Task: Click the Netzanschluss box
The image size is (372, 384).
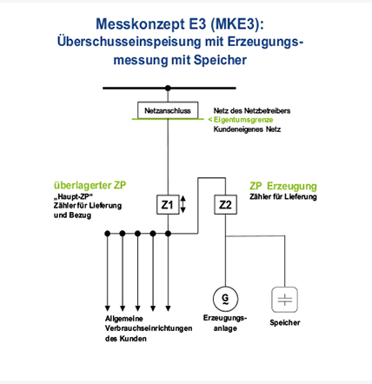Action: (x=168, y=110)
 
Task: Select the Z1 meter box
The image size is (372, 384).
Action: (x=168, y=205)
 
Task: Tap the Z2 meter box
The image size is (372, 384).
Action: (x=225, y=205)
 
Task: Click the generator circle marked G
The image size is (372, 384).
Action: (x=225, y=298)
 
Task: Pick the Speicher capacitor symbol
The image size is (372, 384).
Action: (x=284, y=300)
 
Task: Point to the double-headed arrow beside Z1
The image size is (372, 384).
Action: (x=183, y=204)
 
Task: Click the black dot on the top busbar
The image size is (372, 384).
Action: (x=168, y=88)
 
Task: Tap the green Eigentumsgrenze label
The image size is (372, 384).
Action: (x=241, y=120)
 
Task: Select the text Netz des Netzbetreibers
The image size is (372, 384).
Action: (x=252, y=110)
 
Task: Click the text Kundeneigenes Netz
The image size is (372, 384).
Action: (x=247, y=129)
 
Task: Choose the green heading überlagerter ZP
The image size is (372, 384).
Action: (x=90, y=185)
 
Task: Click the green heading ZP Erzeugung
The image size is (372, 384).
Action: (x=283, y=186)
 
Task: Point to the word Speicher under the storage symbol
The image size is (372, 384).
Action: (x=285, y=322)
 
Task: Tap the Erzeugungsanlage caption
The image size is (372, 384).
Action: (x=225, y=323)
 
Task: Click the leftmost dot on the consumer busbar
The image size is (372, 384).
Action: (x=108, y=233)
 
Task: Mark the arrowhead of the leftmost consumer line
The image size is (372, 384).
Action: (x=108, y=308)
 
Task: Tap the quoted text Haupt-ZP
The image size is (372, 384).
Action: (x=73, y=196)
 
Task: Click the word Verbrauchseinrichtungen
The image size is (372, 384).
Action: (x=149, y=328)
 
